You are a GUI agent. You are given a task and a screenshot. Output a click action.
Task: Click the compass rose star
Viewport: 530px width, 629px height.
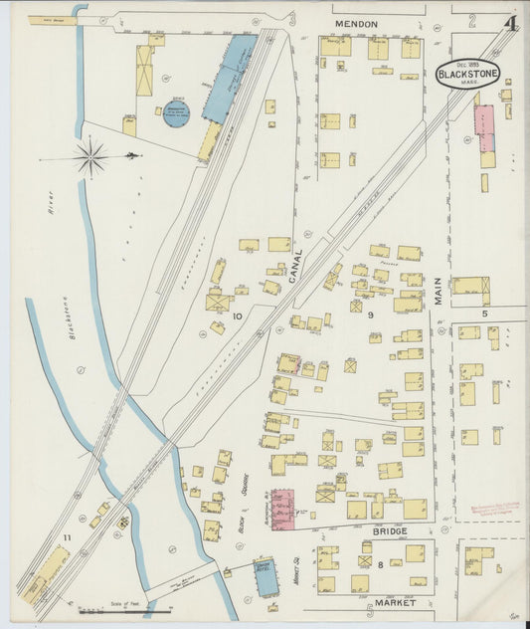click(90, 156)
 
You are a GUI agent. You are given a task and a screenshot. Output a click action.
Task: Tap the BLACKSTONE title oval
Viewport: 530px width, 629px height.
click(467, 73)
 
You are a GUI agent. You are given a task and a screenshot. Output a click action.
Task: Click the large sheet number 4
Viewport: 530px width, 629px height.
click(508, 23)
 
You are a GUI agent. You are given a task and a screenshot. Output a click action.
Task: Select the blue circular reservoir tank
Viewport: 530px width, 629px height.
click(177, 112)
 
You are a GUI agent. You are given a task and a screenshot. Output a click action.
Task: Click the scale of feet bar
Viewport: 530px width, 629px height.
click(109, 611)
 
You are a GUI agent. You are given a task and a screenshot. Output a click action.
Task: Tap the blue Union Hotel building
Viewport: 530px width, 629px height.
click(265, 578)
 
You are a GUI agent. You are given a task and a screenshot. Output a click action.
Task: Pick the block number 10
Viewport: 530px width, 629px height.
click(237, 316)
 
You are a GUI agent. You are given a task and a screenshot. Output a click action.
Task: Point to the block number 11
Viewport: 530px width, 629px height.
click(68, 538)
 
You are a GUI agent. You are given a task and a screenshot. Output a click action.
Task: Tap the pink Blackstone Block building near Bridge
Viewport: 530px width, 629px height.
click(282, 509)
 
